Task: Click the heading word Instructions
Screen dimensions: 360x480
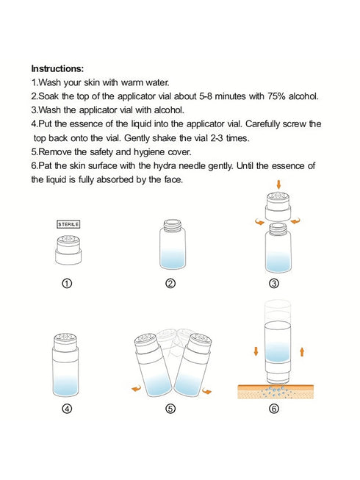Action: coord(57,68)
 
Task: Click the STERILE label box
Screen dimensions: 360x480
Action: coord(68,224)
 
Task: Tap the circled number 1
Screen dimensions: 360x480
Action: coord(67,284)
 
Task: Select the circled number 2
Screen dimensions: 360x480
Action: coord(170,284)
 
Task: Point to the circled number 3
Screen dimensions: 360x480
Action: coord(274,284)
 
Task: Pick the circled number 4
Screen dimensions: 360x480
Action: coord(67,409)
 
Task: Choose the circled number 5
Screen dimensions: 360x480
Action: coord(170,409)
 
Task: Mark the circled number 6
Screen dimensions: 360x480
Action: coord(274,409)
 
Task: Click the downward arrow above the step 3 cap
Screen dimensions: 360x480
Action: coord(278,185)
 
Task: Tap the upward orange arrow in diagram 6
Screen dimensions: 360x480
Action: coord(302,351)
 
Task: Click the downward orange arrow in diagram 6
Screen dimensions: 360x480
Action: coord(256,351)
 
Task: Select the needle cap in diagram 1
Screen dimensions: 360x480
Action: coord(68,251)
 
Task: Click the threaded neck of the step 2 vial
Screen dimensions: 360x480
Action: coord(173,226)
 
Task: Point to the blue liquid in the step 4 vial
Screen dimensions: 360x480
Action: coord(66,385)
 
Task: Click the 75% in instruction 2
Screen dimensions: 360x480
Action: coord(276,96)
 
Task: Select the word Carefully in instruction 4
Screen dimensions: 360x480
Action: coord(262,124)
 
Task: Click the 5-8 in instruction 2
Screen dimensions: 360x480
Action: coord(206,96)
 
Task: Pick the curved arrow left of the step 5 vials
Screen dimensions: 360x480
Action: coord(136,388)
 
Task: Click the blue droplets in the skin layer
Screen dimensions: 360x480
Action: coord(276,391)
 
